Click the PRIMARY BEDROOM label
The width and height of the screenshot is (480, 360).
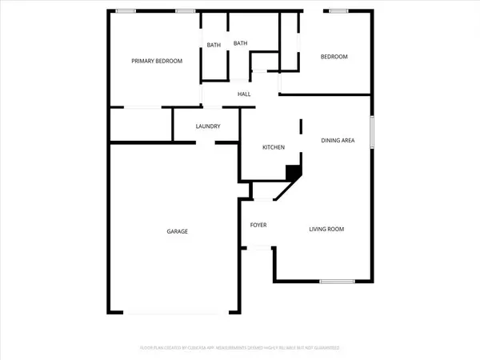click(158, 61)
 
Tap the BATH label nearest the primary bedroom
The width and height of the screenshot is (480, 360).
click(214, 45)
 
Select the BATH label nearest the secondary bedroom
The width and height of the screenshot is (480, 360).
click(240, 43)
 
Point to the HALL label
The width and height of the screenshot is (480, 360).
click(244, 94)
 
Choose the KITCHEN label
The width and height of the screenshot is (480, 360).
click(274, 148)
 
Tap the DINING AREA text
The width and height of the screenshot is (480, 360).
click(338, 141)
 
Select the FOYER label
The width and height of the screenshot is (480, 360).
click(258, 225)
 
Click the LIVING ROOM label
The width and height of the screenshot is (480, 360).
click(326, 230)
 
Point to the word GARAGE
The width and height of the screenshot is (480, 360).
click(177, 231)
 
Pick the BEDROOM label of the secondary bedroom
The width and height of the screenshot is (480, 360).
click(334, 57)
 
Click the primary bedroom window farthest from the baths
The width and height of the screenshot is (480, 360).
click(126, 10)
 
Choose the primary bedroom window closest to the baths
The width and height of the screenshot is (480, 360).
click(186, 10)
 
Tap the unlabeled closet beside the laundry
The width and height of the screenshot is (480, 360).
click(141, 125)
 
